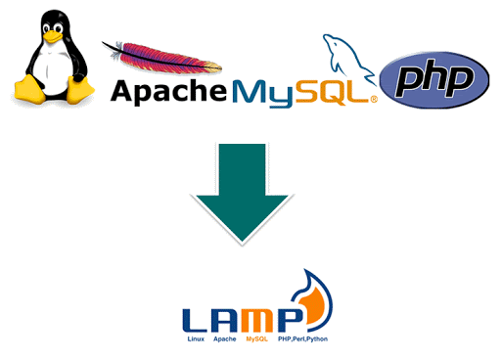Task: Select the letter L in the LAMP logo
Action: coord(196,319)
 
